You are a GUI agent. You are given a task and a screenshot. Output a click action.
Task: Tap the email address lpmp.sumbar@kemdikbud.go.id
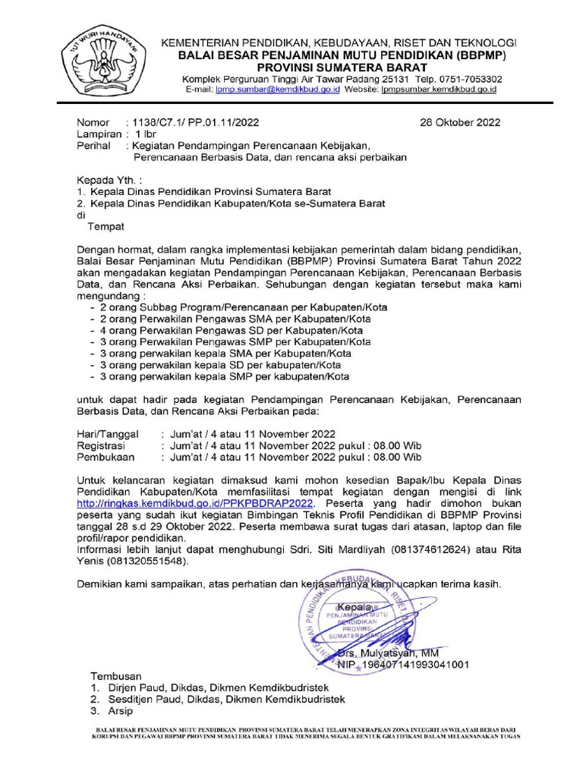click(x=276, y=90)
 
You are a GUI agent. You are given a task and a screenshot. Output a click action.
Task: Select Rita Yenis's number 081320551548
click(x=145, y=561)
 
